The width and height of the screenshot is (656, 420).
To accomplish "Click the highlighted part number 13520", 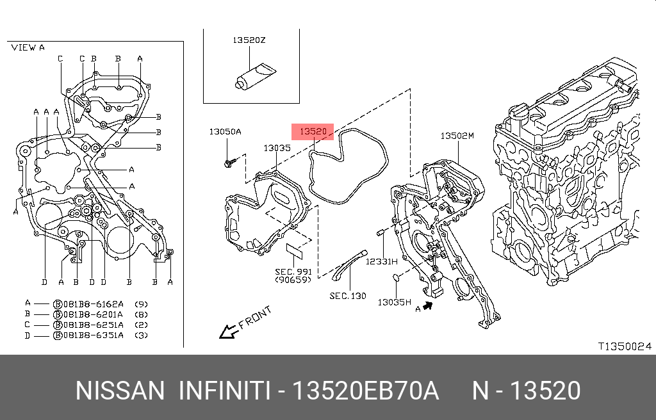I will pyautogui.click(x=313, y=132).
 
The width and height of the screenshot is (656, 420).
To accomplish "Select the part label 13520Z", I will pyautogui.click(x=249, y=40).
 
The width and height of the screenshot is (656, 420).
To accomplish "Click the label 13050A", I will pyautogui.click(x=225, y=132).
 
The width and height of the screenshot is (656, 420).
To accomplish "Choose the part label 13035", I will pyautogui.click(x=277, y=148).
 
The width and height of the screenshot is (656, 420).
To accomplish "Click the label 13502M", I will pyautogui.click(x=457, y=136).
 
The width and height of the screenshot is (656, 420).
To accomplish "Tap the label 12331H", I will pyautogui.click(x=382, y=262).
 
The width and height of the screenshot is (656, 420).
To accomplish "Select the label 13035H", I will pyautogui.click(x=394, y=302).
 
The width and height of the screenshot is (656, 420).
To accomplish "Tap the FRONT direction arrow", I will pyautogui.click(x=228, y=330).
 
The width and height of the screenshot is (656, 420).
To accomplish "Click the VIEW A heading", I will pyautogui.click(x=28, y=47).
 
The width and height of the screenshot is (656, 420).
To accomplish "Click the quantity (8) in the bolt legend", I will pyautogui.click(x=142, y=314).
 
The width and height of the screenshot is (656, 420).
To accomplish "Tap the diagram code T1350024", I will pyautogui.click(x=625, y=346).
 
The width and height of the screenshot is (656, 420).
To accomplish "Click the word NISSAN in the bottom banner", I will pyautogui.click(x=120, y=391).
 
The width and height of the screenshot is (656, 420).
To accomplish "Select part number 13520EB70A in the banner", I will pyautogui.click(x=365, y=391).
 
